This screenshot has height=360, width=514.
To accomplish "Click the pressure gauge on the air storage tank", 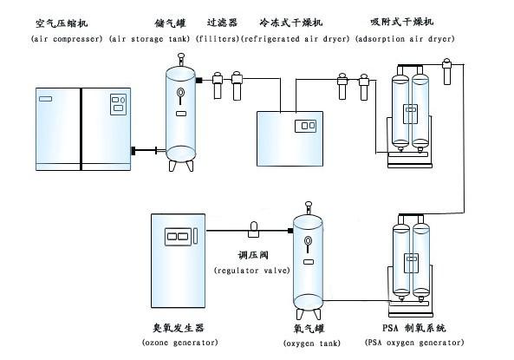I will pos(180,94).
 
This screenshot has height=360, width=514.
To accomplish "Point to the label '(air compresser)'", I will pos(67,40).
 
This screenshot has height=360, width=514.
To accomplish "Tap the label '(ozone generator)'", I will pos(180,343).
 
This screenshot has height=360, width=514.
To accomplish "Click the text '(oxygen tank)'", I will pos(309,344).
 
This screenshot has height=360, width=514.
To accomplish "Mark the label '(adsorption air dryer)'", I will pos(405,40).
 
